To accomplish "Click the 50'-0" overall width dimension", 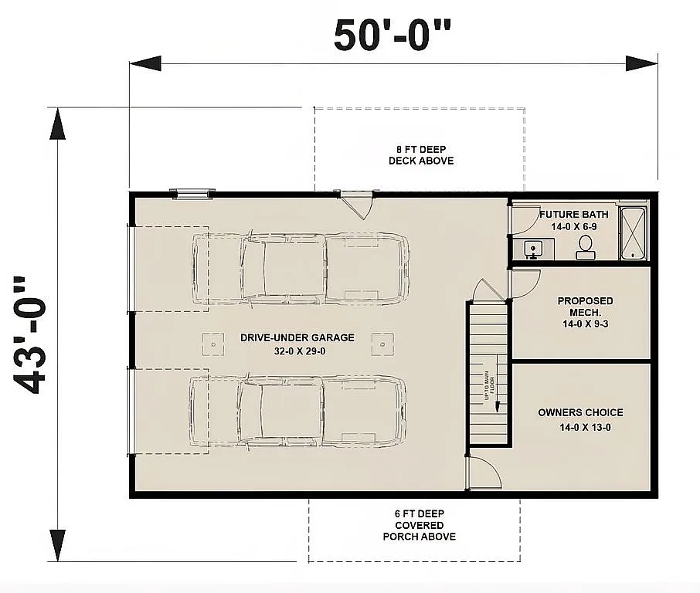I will pos(392,35).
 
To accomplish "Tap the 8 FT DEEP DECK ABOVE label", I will pos(420,154).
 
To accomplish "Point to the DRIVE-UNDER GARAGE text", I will pos(297,337).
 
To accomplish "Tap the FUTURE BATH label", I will pos(573,214).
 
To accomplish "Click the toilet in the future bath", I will pos(585,246).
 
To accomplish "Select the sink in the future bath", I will pos(534,249).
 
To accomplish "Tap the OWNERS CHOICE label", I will pos(580,412).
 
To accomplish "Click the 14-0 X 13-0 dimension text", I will pos(580,427).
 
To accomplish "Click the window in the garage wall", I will pos(192,194).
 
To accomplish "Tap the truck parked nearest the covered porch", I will pos(298,411).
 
